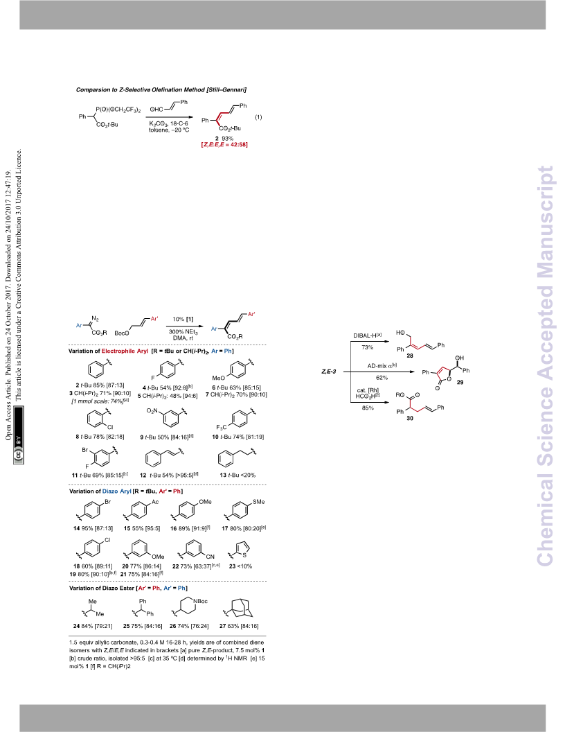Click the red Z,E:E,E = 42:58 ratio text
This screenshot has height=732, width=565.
224,145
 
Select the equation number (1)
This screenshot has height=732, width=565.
258,117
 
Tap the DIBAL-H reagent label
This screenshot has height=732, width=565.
368,335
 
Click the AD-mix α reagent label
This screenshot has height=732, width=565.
382,366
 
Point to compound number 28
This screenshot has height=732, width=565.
410,356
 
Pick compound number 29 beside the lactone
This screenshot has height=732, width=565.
460,382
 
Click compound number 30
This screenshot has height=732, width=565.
410,418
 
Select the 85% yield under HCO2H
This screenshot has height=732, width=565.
368,408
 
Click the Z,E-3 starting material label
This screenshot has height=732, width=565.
329,372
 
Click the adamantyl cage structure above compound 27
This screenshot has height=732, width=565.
240,607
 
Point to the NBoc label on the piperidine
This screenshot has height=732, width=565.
201,601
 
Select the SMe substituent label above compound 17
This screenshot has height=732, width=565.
258,502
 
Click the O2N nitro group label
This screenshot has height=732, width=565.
152,411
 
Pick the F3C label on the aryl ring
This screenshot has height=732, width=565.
222,428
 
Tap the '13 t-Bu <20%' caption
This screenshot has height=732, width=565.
237,476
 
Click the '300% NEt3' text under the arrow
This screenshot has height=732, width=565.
183,332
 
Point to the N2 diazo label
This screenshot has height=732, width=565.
95,319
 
